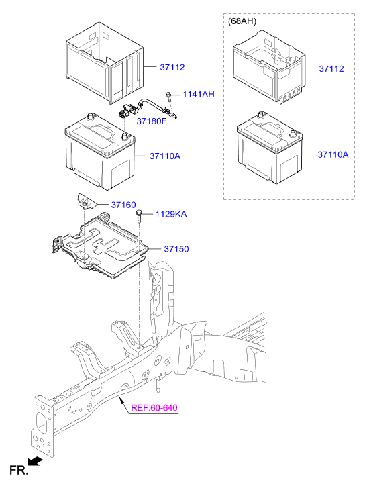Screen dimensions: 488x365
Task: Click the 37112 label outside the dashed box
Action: pyautogui.click(x=172, y=68)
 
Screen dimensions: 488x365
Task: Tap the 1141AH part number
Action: pyautogui.click(x=197, y=95)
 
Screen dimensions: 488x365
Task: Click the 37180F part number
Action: pyautogui.click(x=151, y=121)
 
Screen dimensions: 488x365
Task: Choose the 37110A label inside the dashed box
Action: pyautogui.click(x=333, y=154)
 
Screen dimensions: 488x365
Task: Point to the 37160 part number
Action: pyautogui.click(x=123, y=204)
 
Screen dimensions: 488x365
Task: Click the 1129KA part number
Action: pyautogui.click(x=171, y=214)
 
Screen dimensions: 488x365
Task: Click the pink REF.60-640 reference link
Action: pyautogui.click(x=154, y=408)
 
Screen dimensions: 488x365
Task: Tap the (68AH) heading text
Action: pyautogui.click(x=242, y=21)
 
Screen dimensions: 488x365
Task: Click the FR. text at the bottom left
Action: pyautogui.click(x=18, y=472)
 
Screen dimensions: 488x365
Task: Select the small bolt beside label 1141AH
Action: pyautogui.click(x=170, y=97)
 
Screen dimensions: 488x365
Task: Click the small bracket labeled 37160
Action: pyautogui.click(x=84, y=199)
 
